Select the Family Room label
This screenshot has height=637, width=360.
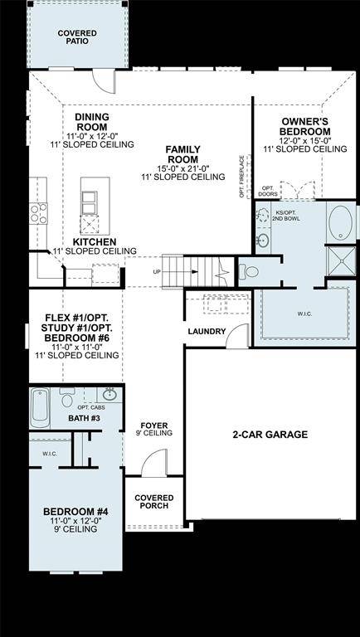183,153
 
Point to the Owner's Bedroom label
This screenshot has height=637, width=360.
304,125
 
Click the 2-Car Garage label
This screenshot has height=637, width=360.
270,435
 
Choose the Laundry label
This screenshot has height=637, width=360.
207,332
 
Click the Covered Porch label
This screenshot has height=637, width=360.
153,501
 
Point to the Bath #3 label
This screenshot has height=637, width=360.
84,418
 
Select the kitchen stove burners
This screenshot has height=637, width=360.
39,213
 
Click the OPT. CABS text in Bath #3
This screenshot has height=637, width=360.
90,407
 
